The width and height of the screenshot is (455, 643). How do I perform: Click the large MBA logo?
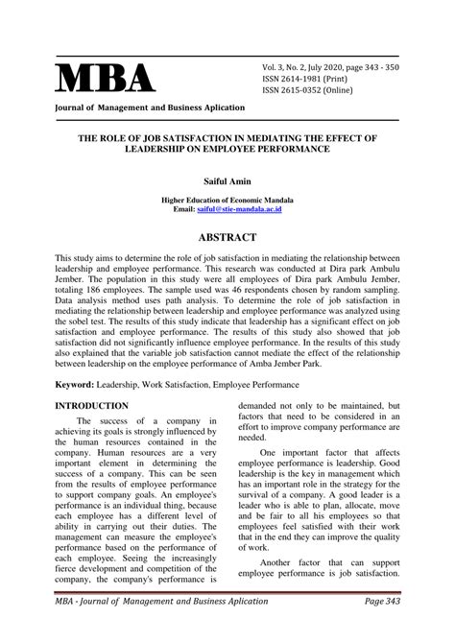tap(107, 80)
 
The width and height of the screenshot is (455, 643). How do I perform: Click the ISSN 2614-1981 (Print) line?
tap(317, 79)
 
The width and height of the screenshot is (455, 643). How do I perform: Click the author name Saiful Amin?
tap(227, 179)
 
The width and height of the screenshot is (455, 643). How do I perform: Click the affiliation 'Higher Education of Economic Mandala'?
tap(227, 199)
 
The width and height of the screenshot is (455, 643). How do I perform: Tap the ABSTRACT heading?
tap(227, 236)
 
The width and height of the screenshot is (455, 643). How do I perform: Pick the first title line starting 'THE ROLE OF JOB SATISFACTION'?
tap(227, 138)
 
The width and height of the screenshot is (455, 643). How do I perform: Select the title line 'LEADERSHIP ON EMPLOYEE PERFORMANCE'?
tap(227, 151)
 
